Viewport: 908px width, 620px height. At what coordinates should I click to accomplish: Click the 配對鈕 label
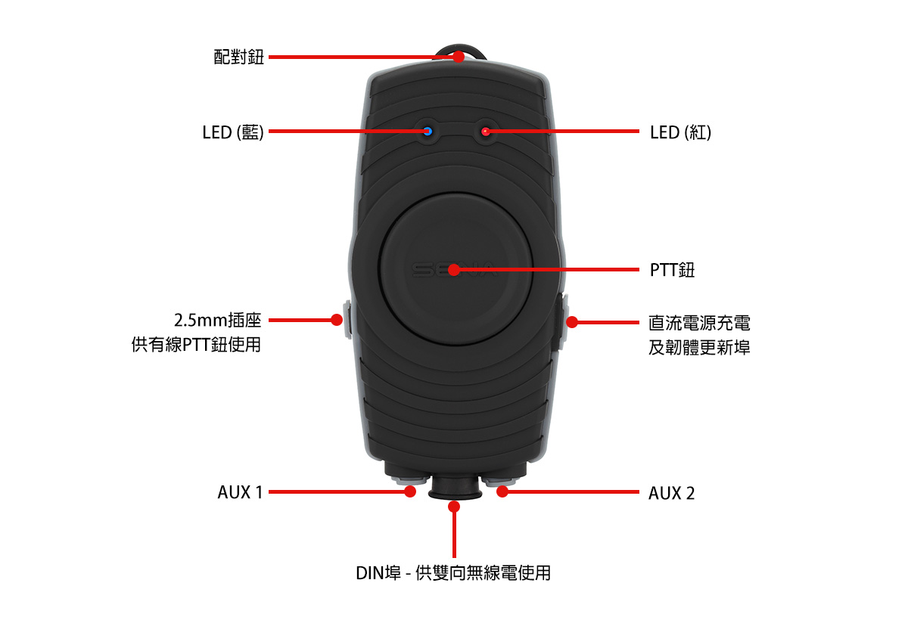coord(239,57)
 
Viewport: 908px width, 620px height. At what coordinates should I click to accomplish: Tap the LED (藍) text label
coord(233,132)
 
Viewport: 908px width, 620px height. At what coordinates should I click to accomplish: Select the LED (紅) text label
coord(680,132)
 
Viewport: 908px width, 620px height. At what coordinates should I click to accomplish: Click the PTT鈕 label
coord(672,270)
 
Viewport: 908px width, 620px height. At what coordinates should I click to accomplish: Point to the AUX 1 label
coord(241,492)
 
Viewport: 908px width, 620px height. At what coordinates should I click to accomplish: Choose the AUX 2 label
coord(671,493)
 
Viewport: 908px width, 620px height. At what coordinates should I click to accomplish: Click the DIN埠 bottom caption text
coord(453,573)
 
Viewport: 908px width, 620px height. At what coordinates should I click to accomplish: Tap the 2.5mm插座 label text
coord(218,321)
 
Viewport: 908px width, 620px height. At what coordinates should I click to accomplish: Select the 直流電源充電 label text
coord(699,323)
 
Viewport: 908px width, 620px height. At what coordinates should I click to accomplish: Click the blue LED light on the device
coord(428,132)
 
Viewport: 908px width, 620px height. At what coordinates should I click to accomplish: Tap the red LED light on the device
coord(485,132)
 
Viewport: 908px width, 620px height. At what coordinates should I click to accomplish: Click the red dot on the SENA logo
coord(454,270)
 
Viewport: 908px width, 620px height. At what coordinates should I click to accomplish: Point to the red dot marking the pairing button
coord(459,57)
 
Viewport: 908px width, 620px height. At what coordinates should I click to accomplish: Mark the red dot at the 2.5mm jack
coord(337,320)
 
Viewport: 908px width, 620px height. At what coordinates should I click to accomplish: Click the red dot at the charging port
coord(571,322)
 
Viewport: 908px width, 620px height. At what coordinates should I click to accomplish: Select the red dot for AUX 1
coord(410,491)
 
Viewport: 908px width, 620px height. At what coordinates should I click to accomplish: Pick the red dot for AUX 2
coord(502,491)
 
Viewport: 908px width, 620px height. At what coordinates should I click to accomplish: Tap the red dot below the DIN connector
coord(454,507)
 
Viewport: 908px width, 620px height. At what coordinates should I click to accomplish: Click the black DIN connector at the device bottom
coord(455,488)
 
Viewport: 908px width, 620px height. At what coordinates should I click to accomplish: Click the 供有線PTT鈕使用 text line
coord(196,345)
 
